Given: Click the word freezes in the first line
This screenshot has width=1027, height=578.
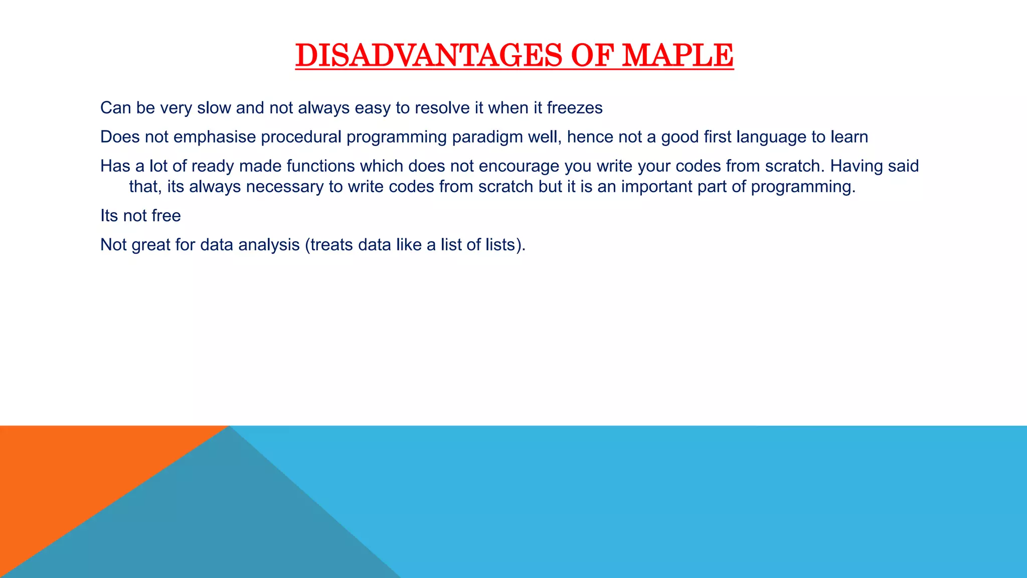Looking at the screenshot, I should click(574, 108).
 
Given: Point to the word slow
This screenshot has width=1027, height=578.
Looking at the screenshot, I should click(214, 108).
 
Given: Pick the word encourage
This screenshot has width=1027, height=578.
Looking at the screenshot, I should click(519, 166).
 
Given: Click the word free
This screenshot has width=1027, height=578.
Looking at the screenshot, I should click(166, 216).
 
